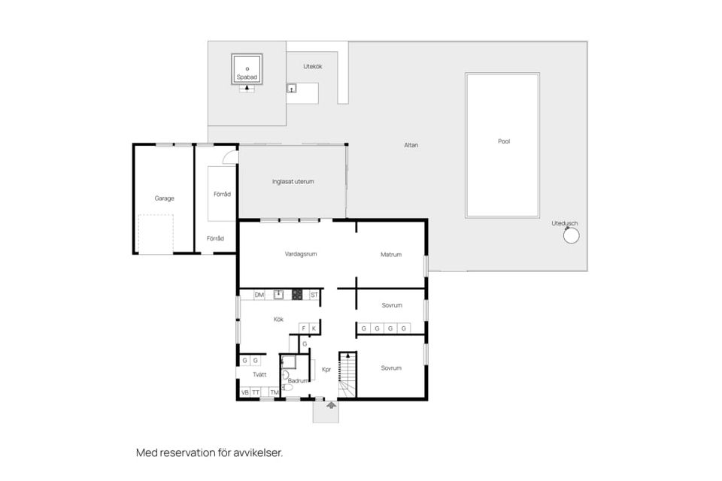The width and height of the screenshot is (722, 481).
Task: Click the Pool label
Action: [504, 141]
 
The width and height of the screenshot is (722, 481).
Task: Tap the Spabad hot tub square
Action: [247, 69]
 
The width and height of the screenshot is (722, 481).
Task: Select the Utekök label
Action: [313, 66]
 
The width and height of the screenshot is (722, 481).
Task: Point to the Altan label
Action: [411, 145]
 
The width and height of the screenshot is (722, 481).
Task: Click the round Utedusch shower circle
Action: [571, 236]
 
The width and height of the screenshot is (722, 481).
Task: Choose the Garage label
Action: [165, 198]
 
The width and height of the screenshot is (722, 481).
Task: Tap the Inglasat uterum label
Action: [293, 181]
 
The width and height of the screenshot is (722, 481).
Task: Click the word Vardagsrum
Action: [301, 253]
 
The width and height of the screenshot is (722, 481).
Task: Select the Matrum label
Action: [391, 254]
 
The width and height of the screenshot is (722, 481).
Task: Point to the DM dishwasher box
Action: [259, 295]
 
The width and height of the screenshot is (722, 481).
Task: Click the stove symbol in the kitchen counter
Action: [297, 295]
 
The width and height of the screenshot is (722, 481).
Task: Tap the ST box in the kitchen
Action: [314, 295]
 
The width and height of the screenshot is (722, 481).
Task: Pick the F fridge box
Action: [303, 328]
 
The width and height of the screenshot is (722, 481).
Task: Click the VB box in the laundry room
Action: [245, 392]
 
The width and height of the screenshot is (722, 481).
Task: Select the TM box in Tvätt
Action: [275, 392]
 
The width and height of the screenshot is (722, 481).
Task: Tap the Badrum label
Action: [298, 380]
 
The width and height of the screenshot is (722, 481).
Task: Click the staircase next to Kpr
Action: [347, 375]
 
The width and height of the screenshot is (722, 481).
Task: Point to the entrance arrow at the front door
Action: [331, 405]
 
